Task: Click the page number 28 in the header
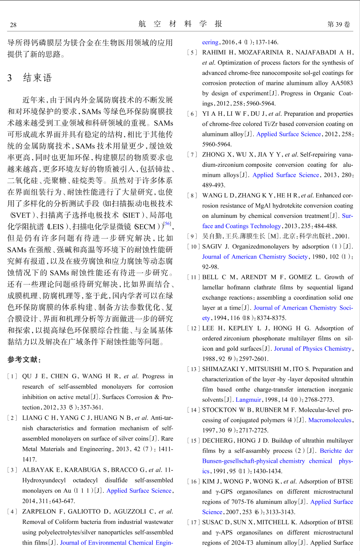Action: [13, 25]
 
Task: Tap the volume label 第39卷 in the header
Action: [338, 24]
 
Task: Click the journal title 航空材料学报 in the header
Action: [180, 24]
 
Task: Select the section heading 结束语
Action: [37, 77]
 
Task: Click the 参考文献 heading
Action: [24, 359]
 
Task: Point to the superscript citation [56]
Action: [167, 224]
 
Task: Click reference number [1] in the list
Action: [12, 376]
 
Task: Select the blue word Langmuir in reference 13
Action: [248, 400]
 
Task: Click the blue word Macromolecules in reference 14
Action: [330, 420]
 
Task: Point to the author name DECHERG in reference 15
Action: [218, 440]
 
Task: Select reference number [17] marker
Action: [193, 522]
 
